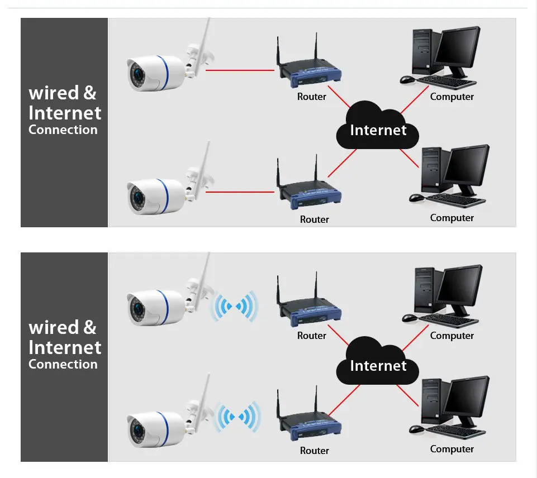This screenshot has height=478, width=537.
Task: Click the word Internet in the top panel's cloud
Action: (x=378, y=130)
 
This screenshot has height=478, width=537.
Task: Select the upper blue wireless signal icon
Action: (x=235, y=306)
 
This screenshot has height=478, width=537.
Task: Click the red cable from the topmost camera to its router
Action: (x=240, y=70)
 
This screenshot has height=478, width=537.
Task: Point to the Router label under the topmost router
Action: (x=311, y=97)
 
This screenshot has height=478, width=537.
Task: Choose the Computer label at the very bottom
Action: (x=452, y=449)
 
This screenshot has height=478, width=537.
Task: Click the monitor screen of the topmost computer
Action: (x=457, y=47)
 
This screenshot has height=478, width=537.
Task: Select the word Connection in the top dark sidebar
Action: (x=63, y=130)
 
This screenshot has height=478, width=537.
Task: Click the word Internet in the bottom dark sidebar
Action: (x=65, y=347)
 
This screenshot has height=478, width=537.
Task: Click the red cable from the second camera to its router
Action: (x=240, y=192)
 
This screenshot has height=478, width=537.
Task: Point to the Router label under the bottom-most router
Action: (x=314, y=451)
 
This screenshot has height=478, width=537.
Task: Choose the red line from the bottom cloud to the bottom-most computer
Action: (x=410, y=394)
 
